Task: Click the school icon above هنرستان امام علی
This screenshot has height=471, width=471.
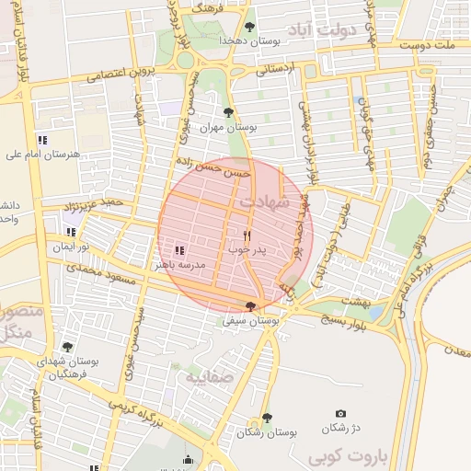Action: [42, 139]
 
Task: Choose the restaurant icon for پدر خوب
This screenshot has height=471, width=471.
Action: [247, 235]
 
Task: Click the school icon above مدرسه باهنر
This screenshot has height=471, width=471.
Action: [179, 249]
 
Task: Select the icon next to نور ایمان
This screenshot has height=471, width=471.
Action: [71, 232]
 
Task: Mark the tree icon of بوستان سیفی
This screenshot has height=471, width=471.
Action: [251, 305]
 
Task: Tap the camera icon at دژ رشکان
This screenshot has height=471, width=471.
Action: [341, 414]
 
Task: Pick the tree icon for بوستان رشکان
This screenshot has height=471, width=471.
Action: [267, 418]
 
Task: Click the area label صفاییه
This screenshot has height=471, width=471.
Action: [204, 376]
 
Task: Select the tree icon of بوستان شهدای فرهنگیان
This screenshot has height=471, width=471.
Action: [67, 346]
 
